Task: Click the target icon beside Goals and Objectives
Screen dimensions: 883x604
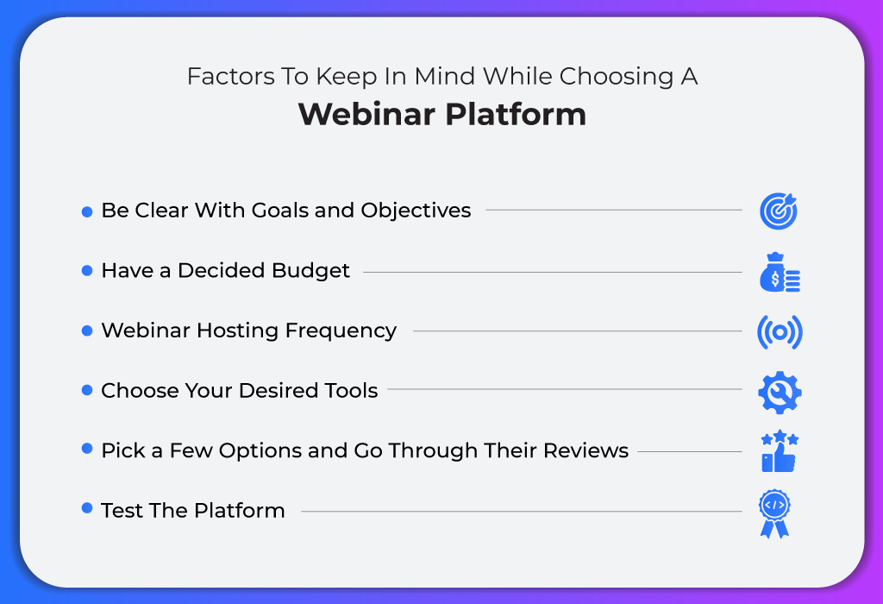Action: click(x=779, y=211)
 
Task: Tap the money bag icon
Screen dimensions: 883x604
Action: click(x=780, y=272)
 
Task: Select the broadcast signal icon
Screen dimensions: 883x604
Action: click(x=780, y=332)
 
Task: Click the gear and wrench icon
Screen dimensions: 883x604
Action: click(x=780, y=392)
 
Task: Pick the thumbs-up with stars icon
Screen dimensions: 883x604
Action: click(x=780, y=451)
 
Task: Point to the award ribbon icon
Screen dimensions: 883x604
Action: click(x=774, y=513)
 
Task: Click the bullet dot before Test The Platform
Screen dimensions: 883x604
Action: click(x=87, y=508)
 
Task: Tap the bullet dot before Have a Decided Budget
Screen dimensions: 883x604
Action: click(x=87, y=270)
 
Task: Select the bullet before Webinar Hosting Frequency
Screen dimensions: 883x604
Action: click(x=87, y=330)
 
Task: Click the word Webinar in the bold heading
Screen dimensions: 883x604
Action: click(x=366, y=114)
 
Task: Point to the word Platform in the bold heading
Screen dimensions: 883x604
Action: click(x=516, y=114)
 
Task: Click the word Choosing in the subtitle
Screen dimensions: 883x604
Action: click(x=617, y=77)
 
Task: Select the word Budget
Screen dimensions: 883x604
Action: click(x=310, y=271)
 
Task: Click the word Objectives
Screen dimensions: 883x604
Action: click(x=416, y=211)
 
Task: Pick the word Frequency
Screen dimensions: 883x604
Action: click(x=341, y=331)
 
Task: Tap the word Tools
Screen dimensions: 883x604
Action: click(x=350, y=391)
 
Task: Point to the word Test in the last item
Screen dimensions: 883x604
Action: click(x=122, y=511)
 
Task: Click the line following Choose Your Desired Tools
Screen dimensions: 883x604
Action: click(x=565, y=389)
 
